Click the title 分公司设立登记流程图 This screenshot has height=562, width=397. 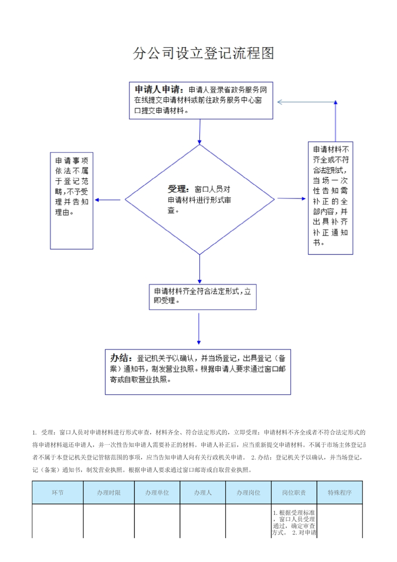(x=204, y=54)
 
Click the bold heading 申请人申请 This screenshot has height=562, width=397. (x=157, y=89)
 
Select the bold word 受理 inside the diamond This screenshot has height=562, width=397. (x=176, y=189)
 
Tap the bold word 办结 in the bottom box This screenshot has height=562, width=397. (x=121, y=358)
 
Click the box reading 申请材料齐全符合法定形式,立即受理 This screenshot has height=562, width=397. (x=203, y=297)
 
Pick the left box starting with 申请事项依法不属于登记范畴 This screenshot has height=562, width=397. (x=72, y=200)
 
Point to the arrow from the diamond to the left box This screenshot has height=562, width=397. (x=108, y=200)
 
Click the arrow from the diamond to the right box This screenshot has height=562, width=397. (x=290, y=198)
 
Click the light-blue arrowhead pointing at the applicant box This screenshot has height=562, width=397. (x=280, y=102)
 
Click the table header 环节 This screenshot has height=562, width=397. (x=58, y=492)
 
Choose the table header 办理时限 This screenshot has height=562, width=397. (x=109, y=492)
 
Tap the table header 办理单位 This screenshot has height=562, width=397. (x=157, y=492)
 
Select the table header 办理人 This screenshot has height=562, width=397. (x=203, y=492)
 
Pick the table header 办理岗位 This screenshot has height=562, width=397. (x=248, y=492)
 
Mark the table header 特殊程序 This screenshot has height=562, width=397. (x=339, y=492)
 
